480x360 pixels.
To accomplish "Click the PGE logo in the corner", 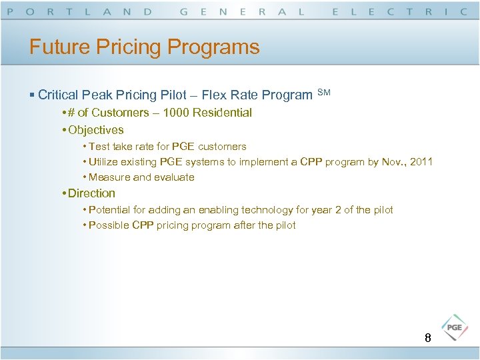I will point(455,328).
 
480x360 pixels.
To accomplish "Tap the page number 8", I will point(428,338).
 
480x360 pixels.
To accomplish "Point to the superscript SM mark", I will point(323,91).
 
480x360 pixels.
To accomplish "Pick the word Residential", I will point(222,113).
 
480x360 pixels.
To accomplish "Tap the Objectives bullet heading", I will point(95,130).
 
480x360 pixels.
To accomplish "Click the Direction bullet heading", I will point(91,193).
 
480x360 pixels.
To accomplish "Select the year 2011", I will point(421,161).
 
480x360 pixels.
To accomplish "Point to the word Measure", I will point(109,177).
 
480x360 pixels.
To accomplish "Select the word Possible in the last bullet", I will point(109,225).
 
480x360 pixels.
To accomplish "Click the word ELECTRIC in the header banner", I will point(399,11).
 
